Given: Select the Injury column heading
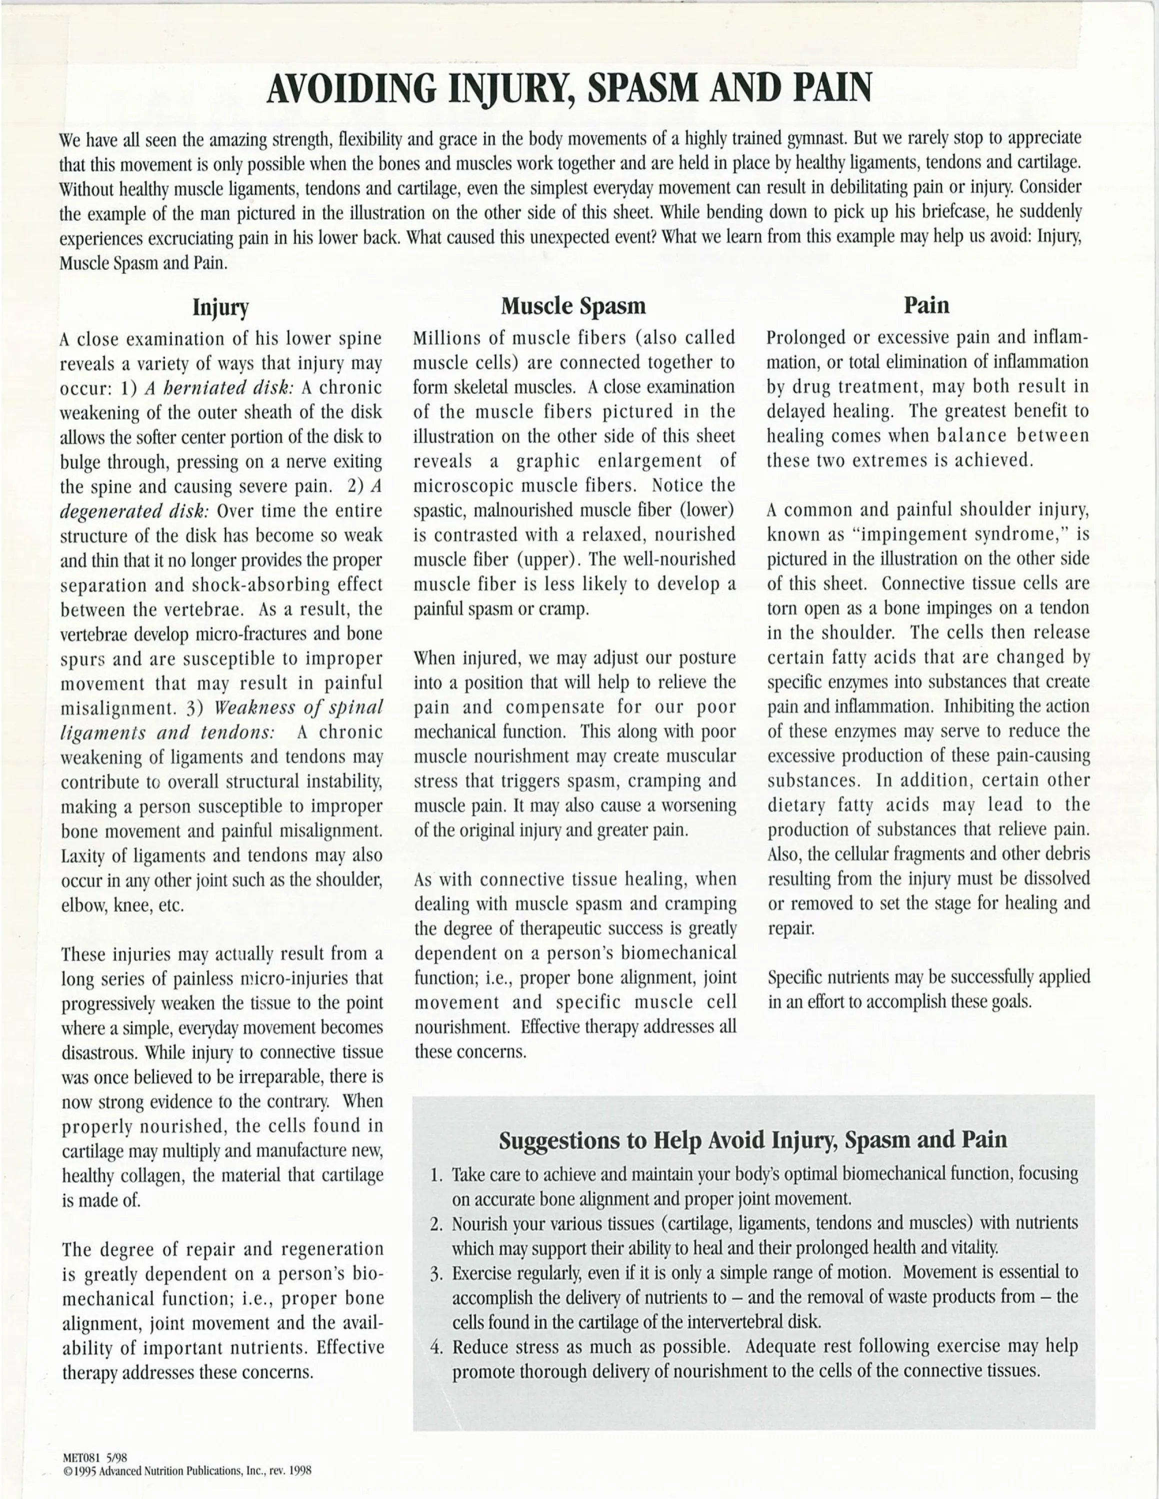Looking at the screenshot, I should (220, 307).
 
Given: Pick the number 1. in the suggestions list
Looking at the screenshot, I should (436, 1175).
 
